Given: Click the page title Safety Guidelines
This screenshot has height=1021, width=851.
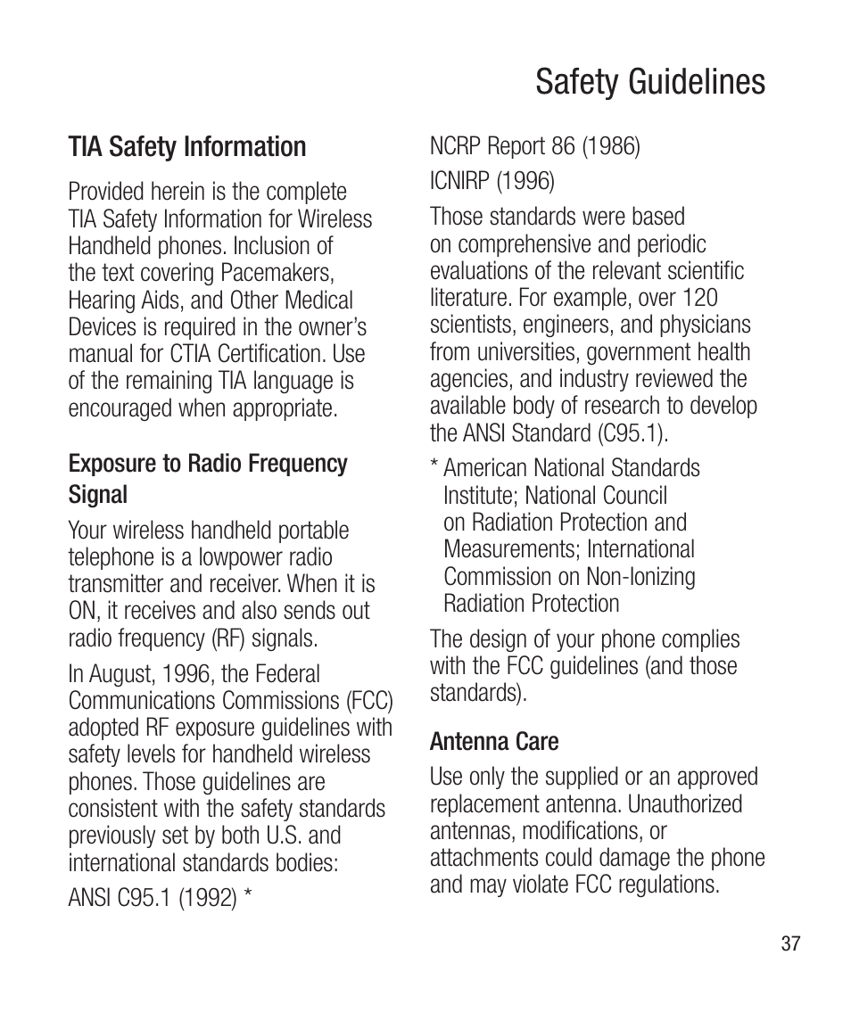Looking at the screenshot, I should (650, 82).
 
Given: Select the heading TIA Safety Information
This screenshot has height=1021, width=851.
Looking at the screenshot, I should (187, 146).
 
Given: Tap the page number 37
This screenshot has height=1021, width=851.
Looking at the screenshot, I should (790, 943).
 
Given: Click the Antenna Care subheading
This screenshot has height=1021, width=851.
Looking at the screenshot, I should (494, 742).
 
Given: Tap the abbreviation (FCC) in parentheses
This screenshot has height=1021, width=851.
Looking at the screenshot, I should (367, 702).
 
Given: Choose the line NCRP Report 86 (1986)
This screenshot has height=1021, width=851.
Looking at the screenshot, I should (535, 146).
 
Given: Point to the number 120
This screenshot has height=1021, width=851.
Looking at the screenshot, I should (700, 298).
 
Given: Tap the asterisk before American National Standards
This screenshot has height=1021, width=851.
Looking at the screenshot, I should (434, 467).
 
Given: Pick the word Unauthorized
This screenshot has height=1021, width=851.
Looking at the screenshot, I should (685, 804).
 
